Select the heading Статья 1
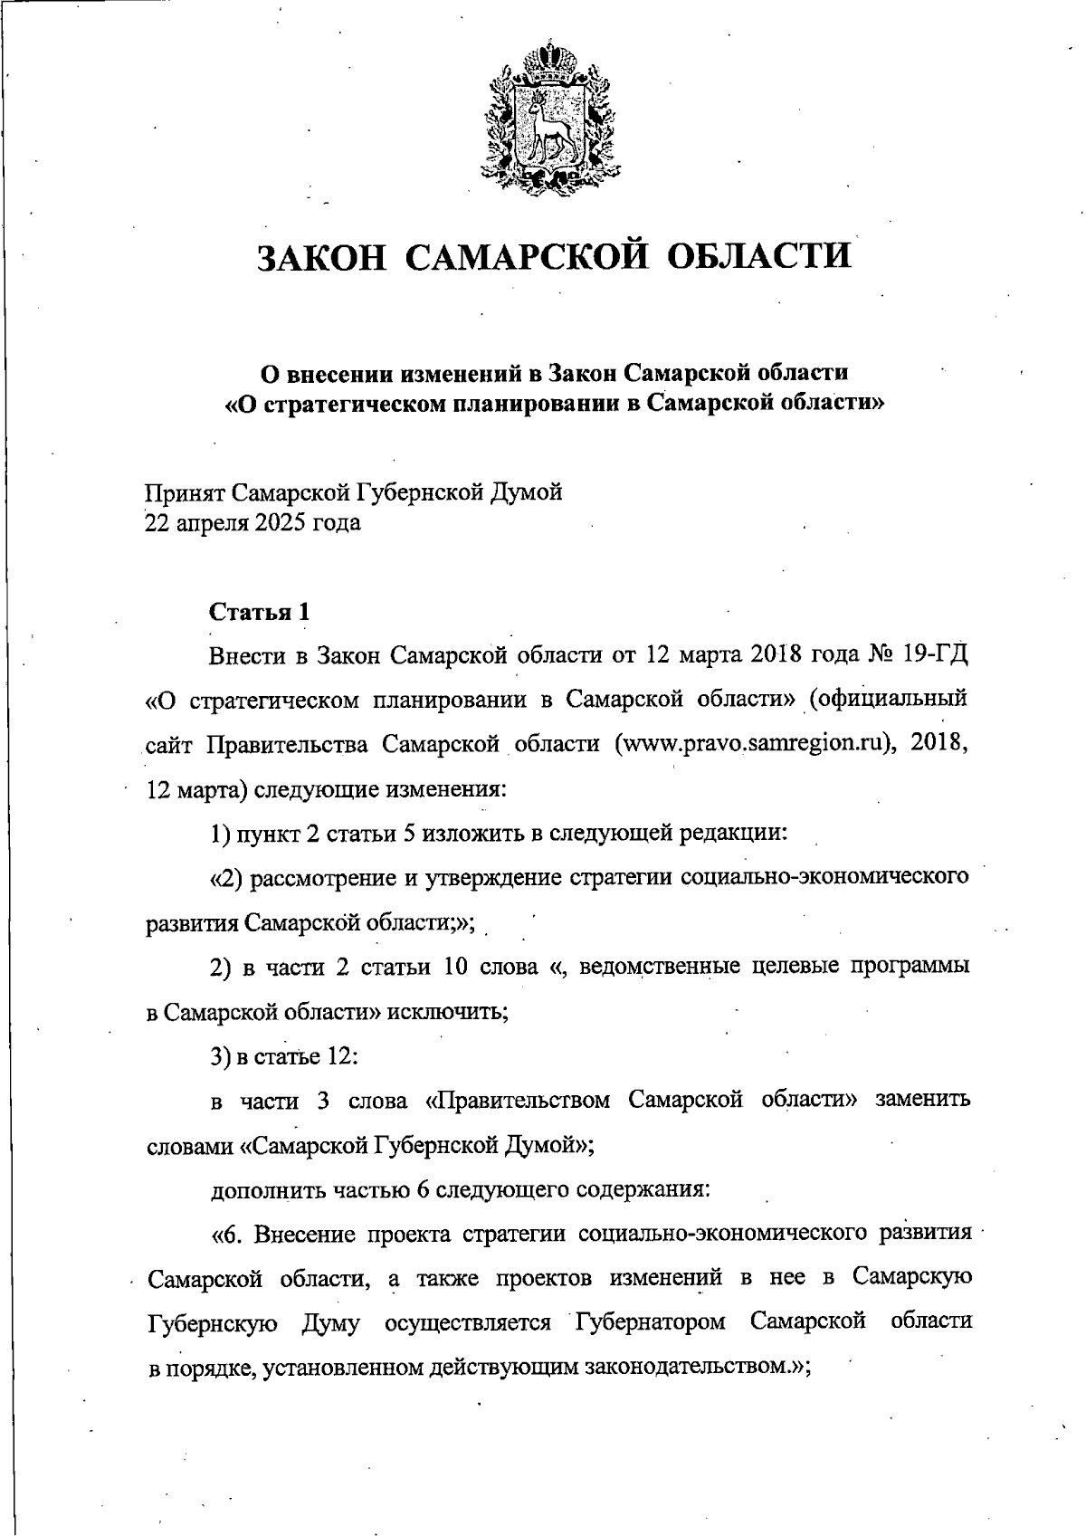click(x=260, y=612)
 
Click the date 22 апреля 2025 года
click(x=252, y=523)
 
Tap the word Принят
click(x=185, y=492)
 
